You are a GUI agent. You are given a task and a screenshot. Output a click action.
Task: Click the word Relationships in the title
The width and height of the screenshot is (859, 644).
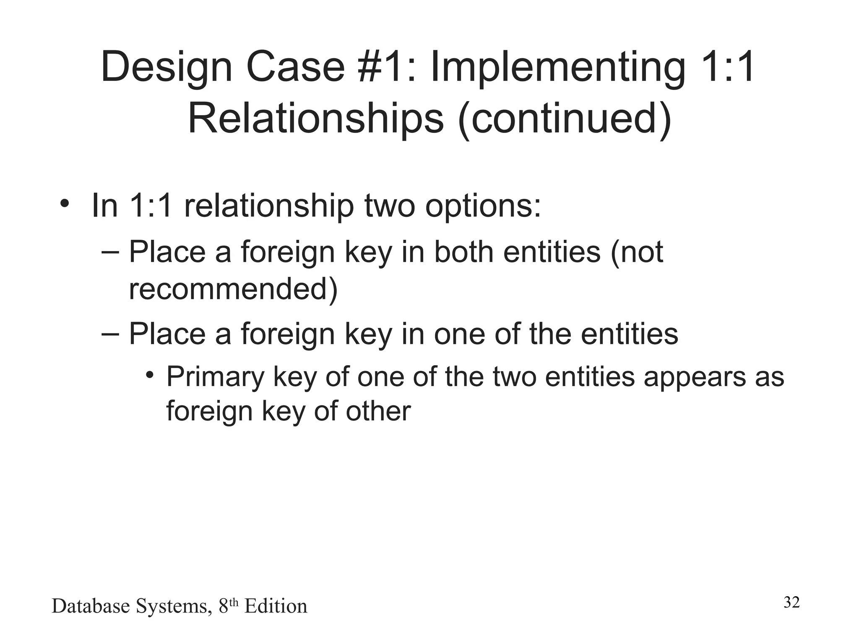pos(315,119)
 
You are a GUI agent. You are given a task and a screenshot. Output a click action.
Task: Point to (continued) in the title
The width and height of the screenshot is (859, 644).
pos(565,119)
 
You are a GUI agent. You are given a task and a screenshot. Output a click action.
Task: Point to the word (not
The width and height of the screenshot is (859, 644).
pos(637,252)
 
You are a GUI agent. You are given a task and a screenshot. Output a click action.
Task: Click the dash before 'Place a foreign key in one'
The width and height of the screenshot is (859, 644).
pos(110,334)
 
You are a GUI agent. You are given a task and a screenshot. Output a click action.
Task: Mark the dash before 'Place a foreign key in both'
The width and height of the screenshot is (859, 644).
pos(110,252)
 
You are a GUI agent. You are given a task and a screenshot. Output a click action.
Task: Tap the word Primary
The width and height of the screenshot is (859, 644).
pos(215,377)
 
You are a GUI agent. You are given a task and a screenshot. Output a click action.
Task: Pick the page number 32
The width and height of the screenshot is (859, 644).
pos(791,602)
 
